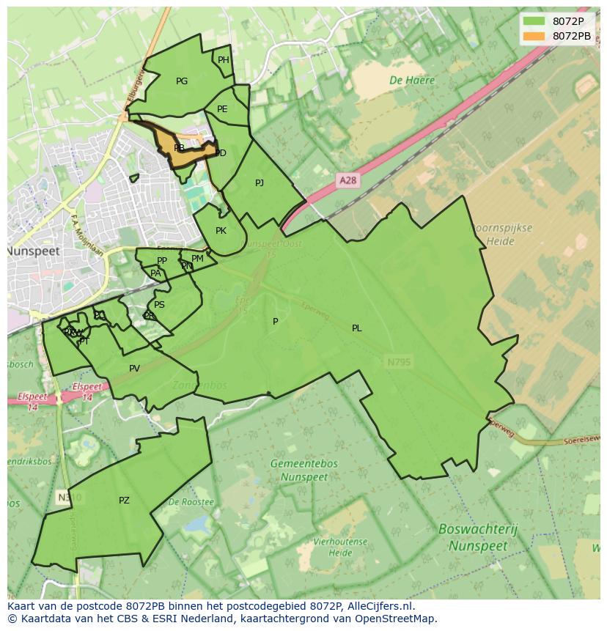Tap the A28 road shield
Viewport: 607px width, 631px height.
[x=348, y=180]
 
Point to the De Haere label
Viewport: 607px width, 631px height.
[x=412, y=81]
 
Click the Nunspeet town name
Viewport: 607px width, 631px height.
[x=33, y=251]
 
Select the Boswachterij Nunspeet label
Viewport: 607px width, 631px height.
[x=478, y=536]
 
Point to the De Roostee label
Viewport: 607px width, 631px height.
[x=191, y=502]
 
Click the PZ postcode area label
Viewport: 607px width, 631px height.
[x=124, y=501]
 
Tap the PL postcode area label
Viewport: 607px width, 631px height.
[x=356, y=328]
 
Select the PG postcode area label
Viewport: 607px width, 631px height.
[x=182, y=81]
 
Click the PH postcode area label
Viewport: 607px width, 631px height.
[x=224, y=60]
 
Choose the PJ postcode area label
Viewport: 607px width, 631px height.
[x=260, y=183]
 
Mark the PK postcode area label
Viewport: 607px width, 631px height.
[x=221, y=231]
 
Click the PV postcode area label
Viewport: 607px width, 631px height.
[x=134, y=369]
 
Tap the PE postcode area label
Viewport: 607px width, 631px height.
[x=222, y=109]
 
